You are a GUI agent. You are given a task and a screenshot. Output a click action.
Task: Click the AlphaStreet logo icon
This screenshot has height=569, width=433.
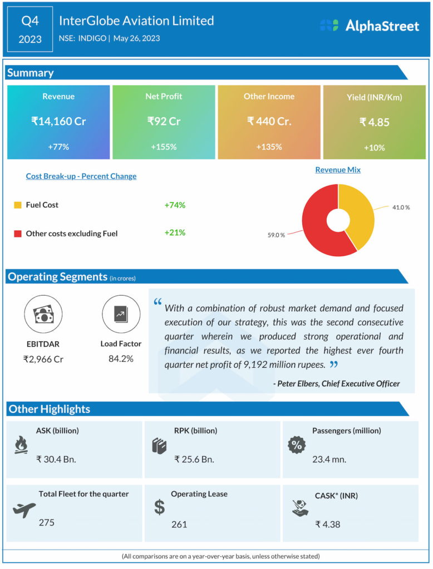point(329,25)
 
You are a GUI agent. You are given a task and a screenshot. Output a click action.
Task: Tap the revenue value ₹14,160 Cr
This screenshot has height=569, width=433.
point(58,121)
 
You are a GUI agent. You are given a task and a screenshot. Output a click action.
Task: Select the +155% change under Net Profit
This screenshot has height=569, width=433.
point(164,147)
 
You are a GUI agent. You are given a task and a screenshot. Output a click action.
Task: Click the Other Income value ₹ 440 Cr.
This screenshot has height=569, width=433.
point(269,121)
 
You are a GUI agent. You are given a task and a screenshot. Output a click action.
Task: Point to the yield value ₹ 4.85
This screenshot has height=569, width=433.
point(374,122)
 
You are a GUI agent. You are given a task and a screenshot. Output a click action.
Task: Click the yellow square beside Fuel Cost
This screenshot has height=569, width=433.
point(17,205)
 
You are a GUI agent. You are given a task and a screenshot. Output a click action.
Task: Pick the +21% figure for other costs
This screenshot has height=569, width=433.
point(175,233)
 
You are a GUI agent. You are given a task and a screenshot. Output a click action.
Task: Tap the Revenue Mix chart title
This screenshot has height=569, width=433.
point(338,169)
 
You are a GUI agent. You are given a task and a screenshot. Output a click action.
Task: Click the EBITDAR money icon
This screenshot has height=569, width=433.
point(43,315)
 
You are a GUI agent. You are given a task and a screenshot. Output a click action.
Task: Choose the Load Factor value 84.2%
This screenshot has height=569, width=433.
point(121,358)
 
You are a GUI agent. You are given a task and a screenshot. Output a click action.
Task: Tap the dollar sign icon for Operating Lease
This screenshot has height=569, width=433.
point(160,507)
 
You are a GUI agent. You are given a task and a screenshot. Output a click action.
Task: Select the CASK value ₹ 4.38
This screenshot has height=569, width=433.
point(327,523)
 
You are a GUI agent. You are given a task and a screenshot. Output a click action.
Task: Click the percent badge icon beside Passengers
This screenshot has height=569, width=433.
point(297,445)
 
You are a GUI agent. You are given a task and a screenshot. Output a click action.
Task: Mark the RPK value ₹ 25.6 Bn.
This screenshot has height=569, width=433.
point(194,459)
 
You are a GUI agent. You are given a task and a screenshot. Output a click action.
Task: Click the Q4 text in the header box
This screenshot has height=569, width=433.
point(30,21)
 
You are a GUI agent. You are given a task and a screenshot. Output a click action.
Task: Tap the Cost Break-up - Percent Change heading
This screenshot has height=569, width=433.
point(81,176)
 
